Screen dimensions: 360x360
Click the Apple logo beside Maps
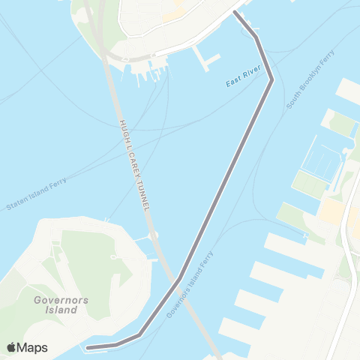12,347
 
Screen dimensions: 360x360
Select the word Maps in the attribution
33,347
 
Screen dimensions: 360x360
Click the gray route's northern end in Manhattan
235,13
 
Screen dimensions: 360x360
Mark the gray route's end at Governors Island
88,348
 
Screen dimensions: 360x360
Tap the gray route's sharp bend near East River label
271,79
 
